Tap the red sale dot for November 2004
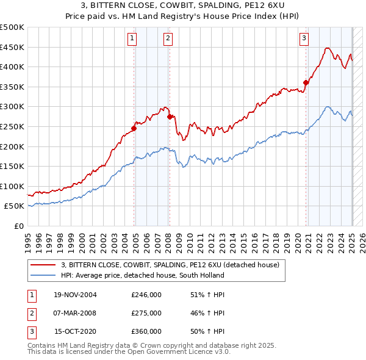[x=134, y=128]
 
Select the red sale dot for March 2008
[x=169, y=117]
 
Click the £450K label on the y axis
[x=12, y=47]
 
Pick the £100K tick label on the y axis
[x=12, y=186]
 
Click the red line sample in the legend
[x=43, y=265]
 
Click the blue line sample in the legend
[x=43, y=275]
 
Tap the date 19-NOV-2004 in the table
[x=75, y=295]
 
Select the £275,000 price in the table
[x=146, y=313]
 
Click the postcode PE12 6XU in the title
[x=226, y=6]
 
